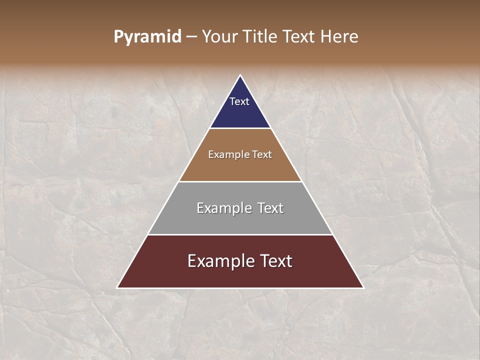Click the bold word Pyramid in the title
tap(147, 37)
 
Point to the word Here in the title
tap(338, 37)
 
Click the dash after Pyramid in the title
tap(191, 37)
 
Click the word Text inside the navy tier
tap(239, 101)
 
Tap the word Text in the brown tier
tap(262, 155)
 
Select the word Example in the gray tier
tap(223, 208)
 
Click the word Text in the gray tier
tap(270, 208)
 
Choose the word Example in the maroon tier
tap(220, 261)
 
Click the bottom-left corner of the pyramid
tap(117, 287)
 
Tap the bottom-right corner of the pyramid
tap(363, 287)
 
